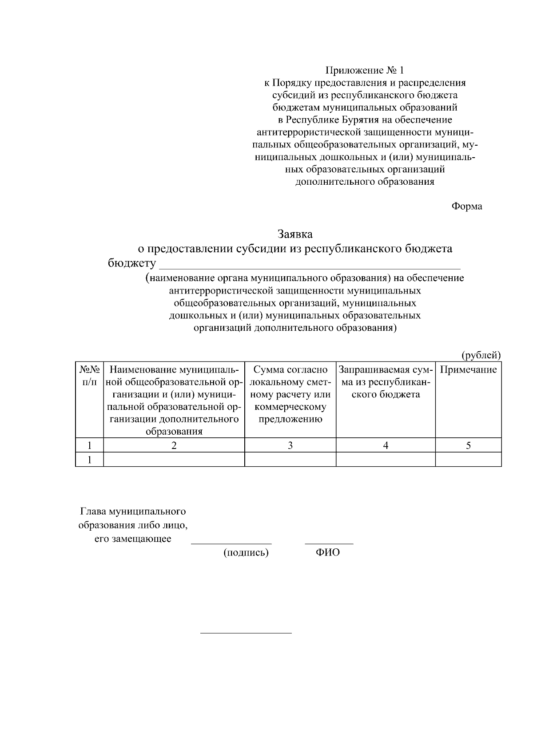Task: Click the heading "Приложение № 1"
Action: [x=365, y=70]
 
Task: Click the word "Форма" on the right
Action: [x=467, y=206]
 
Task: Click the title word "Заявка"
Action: [x=295, y=234]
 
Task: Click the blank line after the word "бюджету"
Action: [x=310, y=266]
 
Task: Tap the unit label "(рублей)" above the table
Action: [x=481, y=355]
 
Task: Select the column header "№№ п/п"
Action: [x=89, y=376]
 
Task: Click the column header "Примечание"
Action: [x=468, y=370]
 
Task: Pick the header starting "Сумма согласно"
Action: [x=290, y=394]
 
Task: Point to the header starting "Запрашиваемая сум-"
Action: [x=385, y=382]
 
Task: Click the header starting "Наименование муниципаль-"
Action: [x=174, y=400]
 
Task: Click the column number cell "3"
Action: [x=290, y=445]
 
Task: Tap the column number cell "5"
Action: [x=468, y=445]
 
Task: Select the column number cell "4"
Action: [x=386, y=445]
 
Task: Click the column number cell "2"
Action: [x=174, y=445]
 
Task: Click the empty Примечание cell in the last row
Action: [x=468, y=460]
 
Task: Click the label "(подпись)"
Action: [x=246, y=553]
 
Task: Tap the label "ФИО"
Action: [x=328, y=553]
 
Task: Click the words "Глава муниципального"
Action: [x=132, y=512]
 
